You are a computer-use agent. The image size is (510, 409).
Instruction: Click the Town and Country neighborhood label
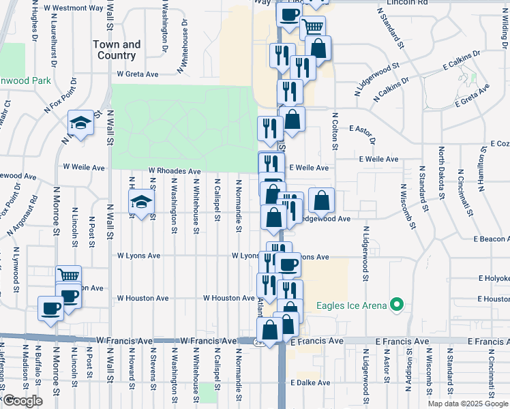click(x=117, y=50)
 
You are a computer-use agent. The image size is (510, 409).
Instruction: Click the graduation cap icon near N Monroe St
click(x=80, y=123)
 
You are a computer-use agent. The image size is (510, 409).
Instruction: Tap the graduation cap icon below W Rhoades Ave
click(x=142, y=202)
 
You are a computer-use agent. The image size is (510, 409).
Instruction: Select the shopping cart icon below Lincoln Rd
click(x=313, y=27)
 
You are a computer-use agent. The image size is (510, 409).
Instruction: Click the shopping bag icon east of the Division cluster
click(x=321, y=200)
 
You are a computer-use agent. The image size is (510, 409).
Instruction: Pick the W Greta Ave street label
click(x=137, y=74)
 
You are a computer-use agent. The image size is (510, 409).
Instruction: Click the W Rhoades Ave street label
click(x=175, y=172)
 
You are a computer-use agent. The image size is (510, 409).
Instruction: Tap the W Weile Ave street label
click(x=83, y=166)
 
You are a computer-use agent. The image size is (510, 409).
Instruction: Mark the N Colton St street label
click(x=335, y=127)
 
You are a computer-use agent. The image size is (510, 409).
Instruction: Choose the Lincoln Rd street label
click(x=406, y=3)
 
